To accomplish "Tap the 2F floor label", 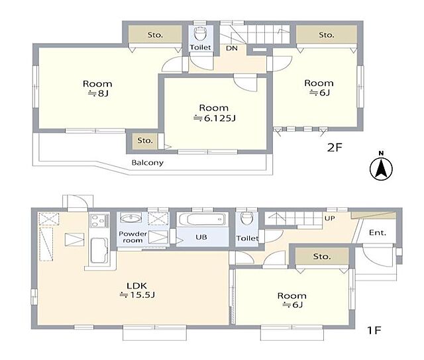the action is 335,148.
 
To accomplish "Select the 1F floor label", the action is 374,330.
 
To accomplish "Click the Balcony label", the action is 147,163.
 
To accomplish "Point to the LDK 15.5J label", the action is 137,290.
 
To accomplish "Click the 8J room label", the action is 97,88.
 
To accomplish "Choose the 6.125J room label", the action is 214,113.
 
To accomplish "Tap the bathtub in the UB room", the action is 202,219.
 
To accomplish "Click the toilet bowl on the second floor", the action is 200,34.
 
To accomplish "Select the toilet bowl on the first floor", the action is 246,219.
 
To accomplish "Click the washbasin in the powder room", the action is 131,218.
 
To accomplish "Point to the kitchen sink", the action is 99,250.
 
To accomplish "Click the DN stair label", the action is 232,48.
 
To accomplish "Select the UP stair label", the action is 330,218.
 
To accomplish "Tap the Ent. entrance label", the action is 378,232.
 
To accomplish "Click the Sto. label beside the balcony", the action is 145,140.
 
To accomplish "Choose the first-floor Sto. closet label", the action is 322,256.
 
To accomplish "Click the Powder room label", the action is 132,237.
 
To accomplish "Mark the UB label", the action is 201,237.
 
